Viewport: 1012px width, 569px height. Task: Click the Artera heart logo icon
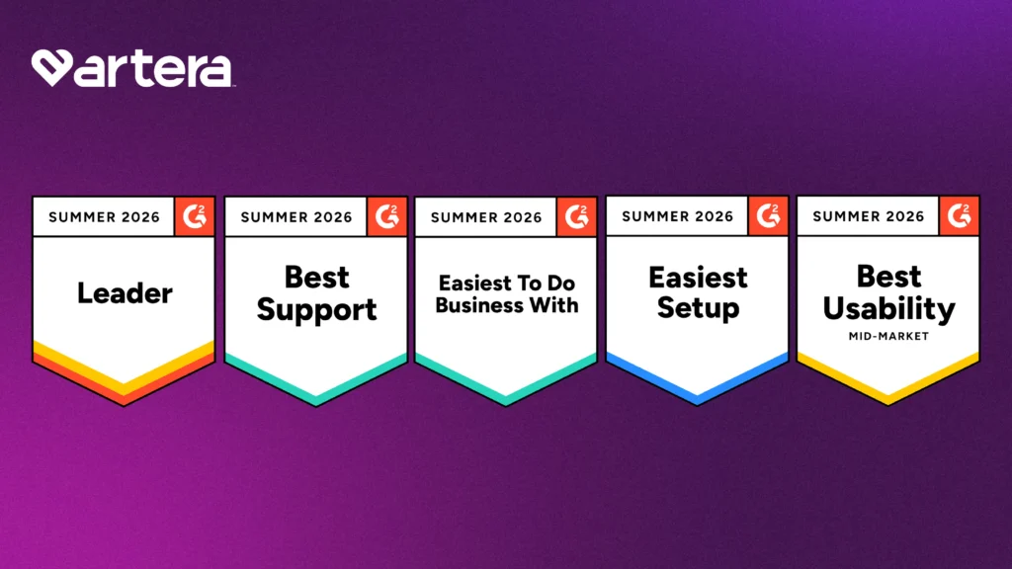tap(51, 67)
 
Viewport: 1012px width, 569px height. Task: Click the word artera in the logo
tap(153, 68)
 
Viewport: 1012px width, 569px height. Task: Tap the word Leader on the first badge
tap(125, 293)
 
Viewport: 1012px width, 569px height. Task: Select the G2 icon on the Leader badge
tap(195, 216)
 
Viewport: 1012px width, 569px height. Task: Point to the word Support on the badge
tap(316, 310)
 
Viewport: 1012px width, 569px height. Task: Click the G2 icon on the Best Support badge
tap(386, 216)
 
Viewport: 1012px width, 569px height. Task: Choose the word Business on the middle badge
tap(474, 305)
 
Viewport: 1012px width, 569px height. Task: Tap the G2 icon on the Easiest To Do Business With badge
tap(576, 216)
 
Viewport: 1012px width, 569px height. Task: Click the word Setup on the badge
tap(699, 308)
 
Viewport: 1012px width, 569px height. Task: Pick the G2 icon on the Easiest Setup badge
tap(768, 216)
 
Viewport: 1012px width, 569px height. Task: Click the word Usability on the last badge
tap(888, 309)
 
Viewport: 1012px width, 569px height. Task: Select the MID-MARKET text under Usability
tap(888, 336)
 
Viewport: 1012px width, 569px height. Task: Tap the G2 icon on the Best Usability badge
tap(959, 216)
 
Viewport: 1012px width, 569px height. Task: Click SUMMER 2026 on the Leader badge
tap(104, 217)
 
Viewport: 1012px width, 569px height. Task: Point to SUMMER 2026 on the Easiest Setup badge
tap(678, 216)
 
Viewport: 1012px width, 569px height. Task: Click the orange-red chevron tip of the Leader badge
tap(124, 405)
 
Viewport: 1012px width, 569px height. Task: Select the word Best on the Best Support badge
tap(317, 278)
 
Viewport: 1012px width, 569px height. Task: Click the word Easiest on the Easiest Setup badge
tap(699, 278)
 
